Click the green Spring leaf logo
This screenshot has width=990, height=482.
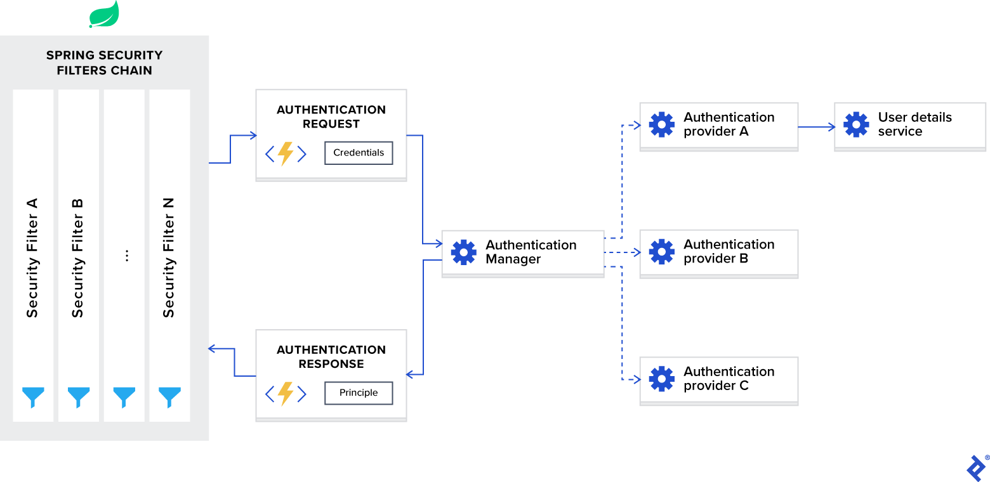pyautogui.click(x=104, y=15)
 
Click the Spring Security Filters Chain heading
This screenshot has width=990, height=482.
pyautogui.click(x=104, y=63)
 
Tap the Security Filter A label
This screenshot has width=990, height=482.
pyautogui.click(x=32, y=257)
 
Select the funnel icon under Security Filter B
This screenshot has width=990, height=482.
pyautogui.click(x=79, y=397)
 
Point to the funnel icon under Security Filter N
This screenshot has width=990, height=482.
pyautogui.click(x=169, y=397)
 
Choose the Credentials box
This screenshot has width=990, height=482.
pyautogui.click(x=359, y=153)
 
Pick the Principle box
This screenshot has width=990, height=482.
pyautogui.click(x=359, y=393)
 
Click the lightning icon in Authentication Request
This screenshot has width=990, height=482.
pyautogui.click(x=286, y=153)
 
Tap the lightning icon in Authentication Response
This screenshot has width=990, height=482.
pyautogui.click(x=286, y=394)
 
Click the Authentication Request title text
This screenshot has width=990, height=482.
pyautogui.click(x=331, y=117)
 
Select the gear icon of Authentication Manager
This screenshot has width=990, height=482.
pyautogui.click(x=464, y=252)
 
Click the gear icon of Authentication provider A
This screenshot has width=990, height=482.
pyautogui.click(x=662, y=124)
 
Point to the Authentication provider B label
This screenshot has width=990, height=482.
pyautogui.click(x=729, y=252)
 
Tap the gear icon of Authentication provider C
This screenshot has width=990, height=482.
pyautogui.click(x=662, y=379)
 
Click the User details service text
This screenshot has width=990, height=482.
pyautogui.click(x=914, y=124)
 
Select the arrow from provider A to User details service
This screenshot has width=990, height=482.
pyautogui.click(x=816, y=127)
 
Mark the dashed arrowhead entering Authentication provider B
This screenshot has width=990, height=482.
pyautogui.click(x=637, y=252)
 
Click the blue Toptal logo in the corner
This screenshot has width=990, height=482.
pyautogui.click(x=975, y=468)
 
